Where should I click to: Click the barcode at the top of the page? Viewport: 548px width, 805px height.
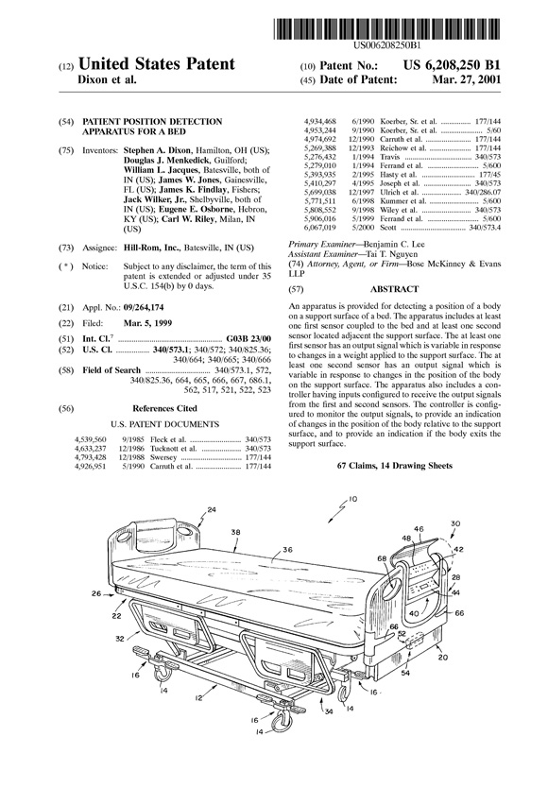387,28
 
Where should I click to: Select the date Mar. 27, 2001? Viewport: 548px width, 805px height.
466,79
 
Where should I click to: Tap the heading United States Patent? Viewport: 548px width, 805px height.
157,63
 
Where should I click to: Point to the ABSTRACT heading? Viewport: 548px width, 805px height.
394,289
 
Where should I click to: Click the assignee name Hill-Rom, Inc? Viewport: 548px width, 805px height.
152,248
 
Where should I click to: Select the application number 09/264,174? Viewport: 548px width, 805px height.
144,307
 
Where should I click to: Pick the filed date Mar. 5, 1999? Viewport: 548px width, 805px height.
148,323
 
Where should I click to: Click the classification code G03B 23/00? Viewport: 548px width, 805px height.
248,339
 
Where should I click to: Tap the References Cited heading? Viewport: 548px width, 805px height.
164,409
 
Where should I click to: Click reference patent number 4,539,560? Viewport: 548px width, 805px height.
91,440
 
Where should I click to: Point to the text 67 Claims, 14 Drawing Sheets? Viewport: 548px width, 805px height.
394,466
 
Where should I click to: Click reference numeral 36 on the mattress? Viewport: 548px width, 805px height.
287,550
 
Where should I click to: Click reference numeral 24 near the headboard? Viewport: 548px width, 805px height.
212,510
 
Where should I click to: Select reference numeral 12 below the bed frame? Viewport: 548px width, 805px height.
198,697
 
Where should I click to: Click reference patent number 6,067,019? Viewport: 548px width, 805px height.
320,228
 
